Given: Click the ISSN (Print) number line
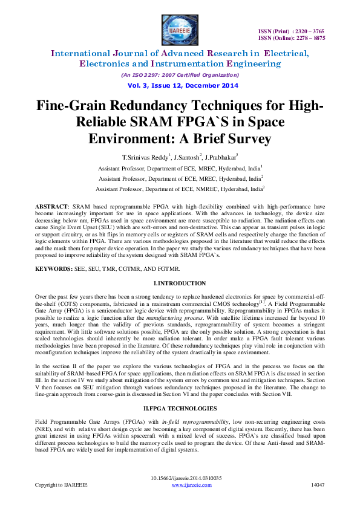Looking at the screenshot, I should pos(290,30).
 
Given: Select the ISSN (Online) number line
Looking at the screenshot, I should pos(290,37).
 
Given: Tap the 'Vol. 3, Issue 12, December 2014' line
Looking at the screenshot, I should pos(180,86).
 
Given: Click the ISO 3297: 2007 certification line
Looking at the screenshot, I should pos(180,75).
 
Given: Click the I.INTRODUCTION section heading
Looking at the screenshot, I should pos(180,284).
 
